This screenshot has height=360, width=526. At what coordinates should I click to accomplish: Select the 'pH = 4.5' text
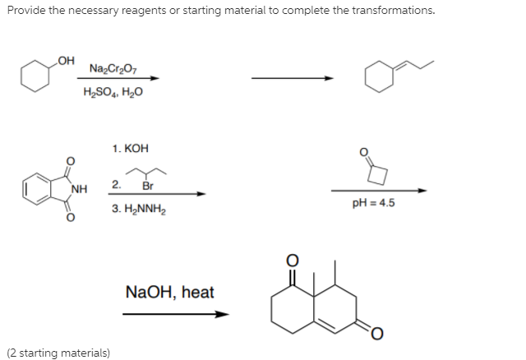(376, 204)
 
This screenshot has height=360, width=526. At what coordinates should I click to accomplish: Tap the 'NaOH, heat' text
(170, 292)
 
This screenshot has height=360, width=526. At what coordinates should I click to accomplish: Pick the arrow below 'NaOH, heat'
(174, 314)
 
